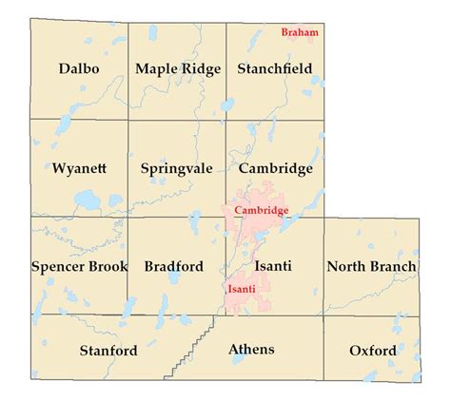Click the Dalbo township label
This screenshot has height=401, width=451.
point(79,68)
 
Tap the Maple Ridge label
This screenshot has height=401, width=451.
point(178,68)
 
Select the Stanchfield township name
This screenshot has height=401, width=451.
point(276,68)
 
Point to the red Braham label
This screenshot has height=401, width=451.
point(300,31)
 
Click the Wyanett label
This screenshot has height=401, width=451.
point(79,168)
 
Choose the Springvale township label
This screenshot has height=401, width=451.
point(178,168)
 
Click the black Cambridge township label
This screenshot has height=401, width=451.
point(276,168)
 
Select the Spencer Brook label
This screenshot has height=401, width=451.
point(79,267)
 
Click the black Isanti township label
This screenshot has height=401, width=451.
point(272,267)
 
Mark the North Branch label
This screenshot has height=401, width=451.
point(371,267)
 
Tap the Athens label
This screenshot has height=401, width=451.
point(251,349)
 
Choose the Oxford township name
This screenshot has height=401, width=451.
point(372,351)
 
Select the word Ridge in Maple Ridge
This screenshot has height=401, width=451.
point(202,68)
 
